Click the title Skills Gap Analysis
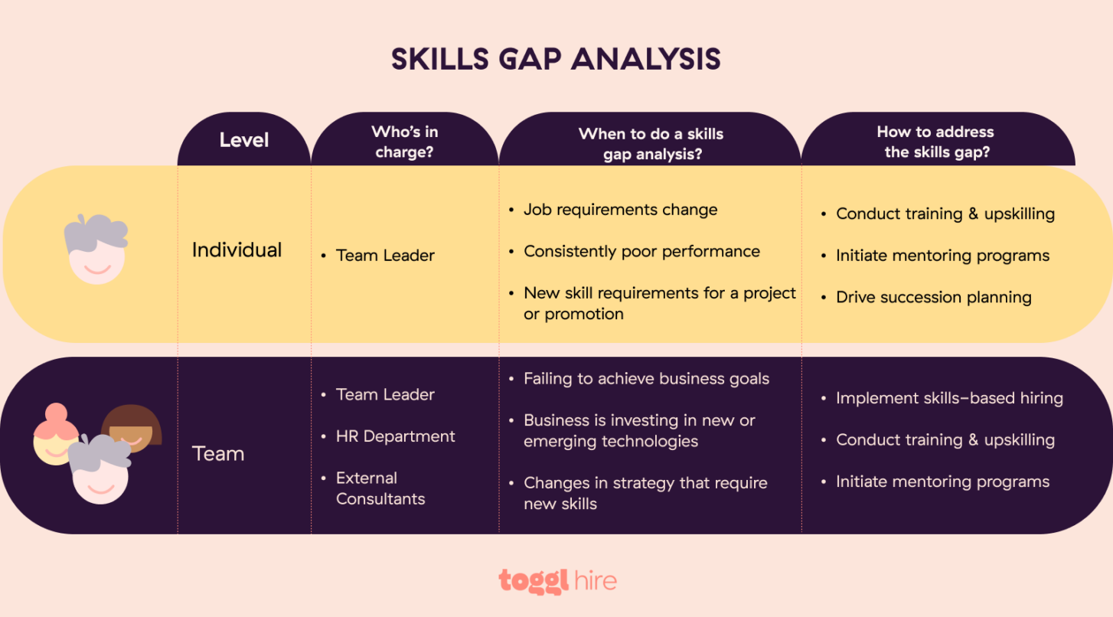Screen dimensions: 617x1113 pyautogui.click(x=556, y=60)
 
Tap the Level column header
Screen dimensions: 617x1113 pyautogui.click(x=244, y=140)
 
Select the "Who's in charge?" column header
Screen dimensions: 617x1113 pyautogui.click(x=404, y=142)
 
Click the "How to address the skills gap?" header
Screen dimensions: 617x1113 pyautogui.click(x=935, y=142)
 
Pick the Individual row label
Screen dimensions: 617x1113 pyautogui.click(x=237, y=250)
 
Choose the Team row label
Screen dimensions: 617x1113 pyautogui.click(x=218, y=454)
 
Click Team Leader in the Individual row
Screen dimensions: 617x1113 pyautogui.click(x=385, y=256)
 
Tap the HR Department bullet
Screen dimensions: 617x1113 pyautogui.click(x=395, y=436)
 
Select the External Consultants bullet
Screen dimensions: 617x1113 pyautogui.click(x=380, y=488)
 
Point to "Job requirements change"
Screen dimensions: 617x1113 pyautogui.click(x=620, y=210)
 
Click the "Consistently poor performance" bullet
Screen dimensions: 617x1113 pyautogui.click(x=641, y=252)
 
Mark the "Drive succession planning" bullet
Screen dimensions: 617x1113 pyautogui.click(x=933, y=298)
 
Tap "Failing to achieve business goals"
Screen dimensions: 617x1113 pyautogui.click(x=646, y=379)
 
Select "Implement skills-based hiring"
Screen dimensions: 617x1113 pyautogui.click(x=949, y=398)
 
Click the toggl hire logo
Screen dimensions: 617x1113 pyautogui.click(x=556, y=581)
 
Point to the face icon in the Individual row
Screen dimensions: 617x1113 pyautogui.click(x=96, y=250)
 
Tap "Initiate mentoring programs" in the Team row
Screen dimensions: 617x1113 pyautogui.click(x=942, y=482)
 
